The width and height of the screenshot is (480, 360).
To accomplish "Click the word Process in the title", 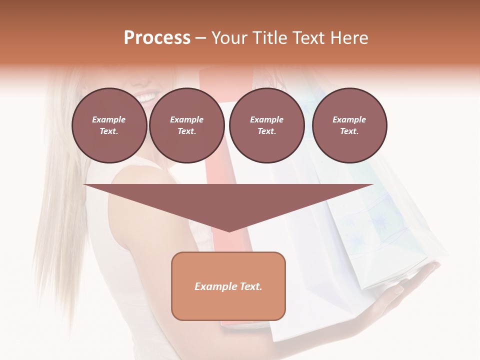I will coord(157,38).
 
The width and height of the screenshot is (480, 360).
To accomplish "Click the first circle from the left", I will coord(109,125).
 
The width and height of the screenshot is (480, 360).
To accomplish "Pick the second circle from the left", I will coord(187,125).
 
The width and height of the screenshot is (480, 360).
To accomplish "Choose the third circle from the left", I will coord(267,125).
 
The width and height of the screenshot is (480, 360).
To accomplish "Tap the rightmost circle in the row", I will coord(349,125).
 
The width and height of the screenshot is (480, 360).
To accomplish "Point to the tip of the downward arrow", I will coord(229,230).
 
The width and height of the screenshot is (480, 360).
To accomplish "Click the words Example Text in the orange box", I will coord(228,286).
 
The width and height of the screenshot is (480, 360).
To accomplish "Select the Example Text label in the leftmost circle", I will coord(109,125).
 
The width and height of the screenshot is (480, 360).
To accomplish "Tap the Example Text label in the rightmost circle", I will coord(349,125).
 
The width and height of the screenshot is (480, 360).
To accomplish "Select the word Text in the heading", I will coord(309,38).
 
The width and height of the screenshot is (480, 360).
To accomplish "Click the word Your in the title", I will coord(228,38).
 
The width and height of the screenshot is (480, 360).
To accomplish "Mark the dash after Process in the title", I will coord(200,38).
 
